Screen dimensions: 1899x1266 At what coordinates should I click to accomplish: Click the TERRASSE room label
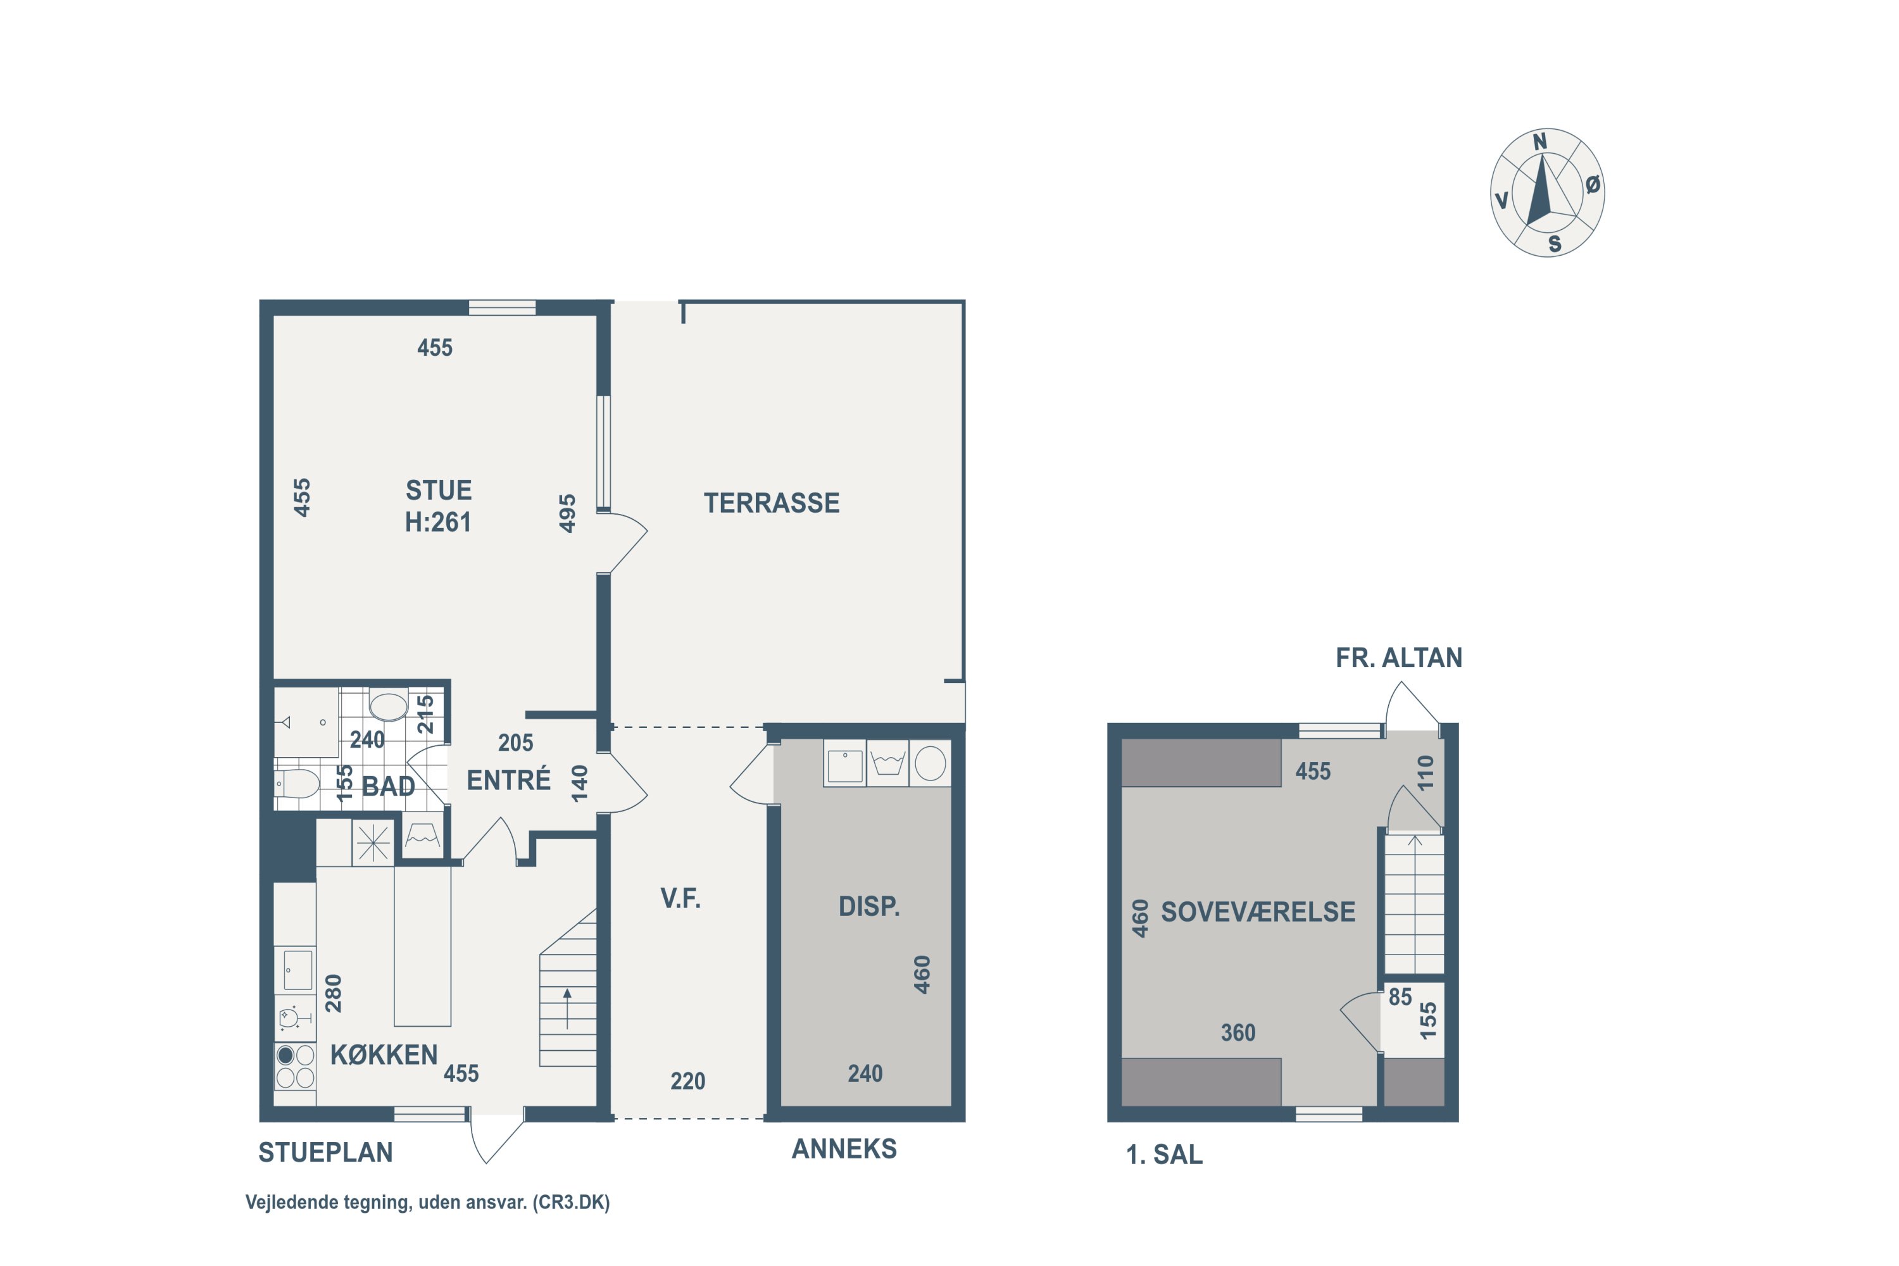pos(771,503)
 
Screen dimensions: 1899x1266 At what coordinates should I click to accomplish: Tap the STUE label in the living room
pos(439,490)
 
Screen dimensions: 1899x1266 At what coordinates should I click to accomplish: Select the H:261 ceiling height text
pos(439,522)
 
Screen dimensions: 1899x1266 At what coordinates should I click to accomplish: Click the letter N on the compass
pos(1539,142)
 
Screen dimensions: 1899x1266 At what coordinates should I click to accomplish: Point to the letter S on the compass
pos(1554,244)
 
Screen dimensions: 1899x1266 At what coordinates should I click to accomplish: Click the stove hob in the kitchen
pos(295,1066)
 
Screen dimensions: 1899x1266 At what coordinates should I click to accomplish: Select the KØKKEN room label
pos(384,1055)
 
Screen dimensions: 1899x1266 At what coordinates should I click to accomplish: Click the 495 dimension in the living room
pos(568,513)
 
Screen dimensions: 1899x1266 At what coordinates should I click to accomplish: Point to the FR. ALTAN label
pos(1398,658)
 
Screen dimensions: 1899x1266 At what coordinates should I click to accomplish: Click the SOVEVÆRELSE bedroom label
pos(1258,912)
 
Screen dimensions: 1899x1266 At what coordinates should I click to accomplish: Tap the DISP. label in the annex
pos(868,906)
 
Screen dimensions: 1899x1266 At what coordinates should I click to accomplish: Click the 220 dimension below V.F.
pos(688,1081)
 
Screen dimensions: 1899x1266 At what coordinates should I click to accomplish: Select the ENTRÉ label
pos(509,780)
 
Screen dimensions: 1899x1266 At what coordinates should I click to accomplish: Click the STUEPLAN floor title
pos(325,1152)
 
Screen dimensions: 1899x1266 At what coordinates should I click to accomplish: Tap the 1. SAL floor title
pos(1164,1155)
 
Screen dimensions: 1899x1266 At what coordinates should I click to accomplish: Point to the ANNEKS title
pos(844,1149)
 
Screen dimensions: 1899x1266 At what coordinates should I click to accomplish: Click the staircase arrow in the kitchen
pos(568,1008)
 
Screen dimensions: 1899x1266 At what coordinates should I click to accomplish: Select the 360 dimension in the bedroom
pos(1238,1032)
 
